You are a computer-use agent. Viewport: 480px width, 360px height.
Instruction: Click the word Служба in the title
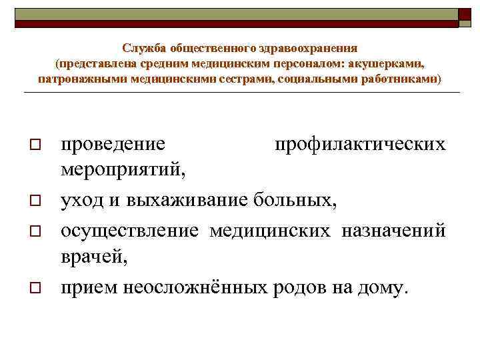[144, 49]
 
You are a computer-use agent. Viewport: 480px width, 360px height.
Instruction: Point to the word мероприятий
[123, 171]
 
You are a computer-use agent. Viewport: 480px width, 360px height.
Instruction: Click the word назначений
[393, 230]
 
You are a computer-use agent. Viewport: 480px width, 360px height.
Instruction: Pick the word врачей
[93, 258]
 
